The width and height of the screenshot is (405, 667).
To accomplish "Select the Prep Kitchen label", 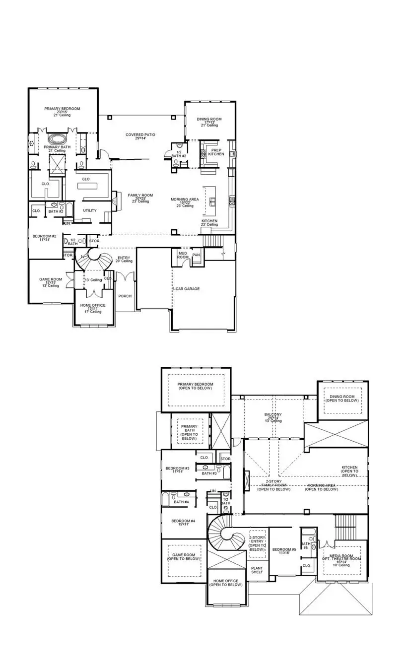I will [x=216, y=152].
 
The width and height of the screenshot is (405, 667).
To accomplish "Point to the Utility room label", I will [x=90, y=210].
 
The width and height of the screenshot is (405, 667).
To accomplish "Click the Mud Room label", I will [x=183, y=255].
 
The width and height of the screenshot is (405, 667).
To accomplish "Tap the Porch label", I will [x=125, y=296].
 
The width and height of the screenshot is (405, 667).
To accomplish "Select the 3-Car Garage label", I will [x=186, y=288].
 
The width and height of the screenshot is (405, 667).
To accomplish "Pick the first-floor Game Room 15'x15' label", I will [x=51, y=282].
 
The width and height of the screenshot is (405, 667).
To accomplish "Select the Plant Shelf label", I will [x=257, y=570].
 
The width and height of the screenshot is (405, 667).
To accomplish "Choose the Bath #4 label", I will [x=181, y=502].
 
